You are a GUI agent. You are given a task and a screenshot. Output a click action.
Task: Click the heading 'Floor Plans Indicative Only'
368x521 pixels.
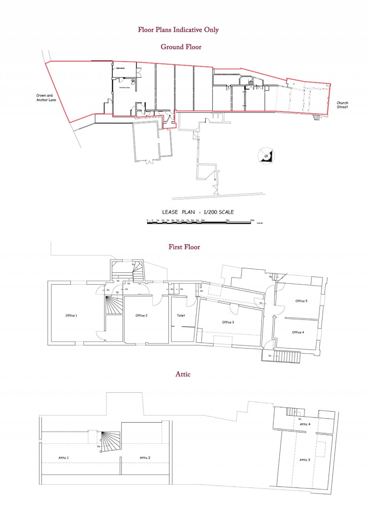(x=178, y=30)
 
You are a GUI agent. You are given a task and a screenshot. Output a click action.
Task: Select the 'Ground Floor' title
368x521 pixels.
(x=181, y=47)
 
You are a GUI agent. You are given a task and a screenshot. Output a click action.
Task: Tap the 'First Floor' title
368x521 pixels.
(x=184, y=247)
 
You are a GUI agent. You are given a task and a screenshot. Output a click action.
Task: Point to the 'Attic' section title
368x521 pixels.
(x=183, y=374)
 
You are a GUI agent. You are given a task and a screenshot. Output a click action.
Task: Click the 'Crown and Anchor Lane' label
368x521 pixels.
(x=46, y=98)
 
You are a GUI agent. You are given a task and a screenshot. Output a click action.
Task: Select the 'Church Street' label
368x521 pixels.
(x=342, y=105)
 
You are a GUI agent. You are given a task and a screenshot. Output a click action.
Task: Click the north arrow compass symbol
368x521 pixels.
(x=266, y=156)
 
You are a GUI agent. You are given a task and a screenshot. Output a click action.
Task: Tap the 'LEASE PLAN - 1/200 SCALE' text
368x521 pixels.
(x=198, y=212)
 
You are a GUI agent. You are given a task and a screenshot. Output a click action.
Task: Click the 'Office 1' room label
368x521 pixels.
(x=71, y=315)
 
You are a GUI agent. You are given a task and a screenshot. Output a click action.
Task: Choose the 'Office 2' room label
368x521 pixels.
(x=141, y=315)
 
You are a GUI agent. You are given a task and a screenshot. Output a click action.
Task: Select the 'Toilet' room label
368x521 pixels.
(x=181, y=315)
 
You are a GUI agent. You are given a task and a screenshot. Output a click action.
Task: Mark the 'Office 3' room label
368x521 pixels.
(x=228, y=322)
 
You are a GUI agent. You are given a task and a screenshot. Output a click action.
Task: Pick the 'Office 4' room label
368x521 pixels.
(x=298, y=332)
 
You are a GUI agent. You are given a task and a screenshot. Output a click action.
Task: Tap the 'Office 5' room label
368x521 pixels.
(x=301, y=301)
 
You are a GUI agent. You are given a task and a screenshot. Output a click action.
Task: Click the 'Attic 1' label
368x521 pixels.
(x=64, y=458)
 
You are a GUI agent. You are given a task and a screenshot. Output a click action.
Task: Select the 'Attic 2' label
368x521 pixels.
(x=145, y=458)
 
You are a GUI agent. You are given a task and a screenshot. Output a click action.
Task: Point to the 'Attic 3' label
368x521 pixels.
(x=305, y=460)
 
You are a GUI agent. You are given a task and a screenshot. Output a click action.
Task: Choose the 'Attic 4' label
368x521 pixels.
(x=305, y=424)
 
